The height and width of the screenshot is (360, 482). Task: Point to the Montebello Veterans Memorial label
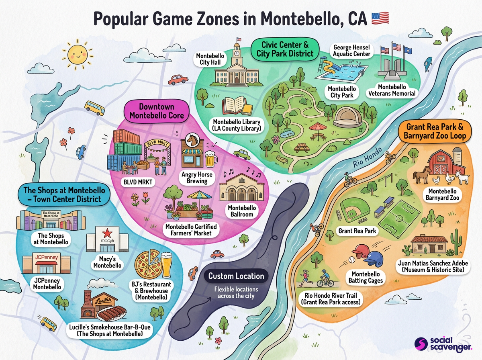[392, 90]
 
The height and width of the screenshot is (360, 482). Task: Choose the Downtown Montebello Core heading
[156, 111]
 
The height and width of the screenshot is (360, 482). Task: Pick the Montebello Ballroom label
[241, 211]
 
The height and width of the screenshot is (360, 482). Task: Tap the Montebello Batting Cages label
[366, 277]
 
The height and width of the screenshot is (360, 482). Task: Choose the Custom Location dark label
[236, 276]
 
